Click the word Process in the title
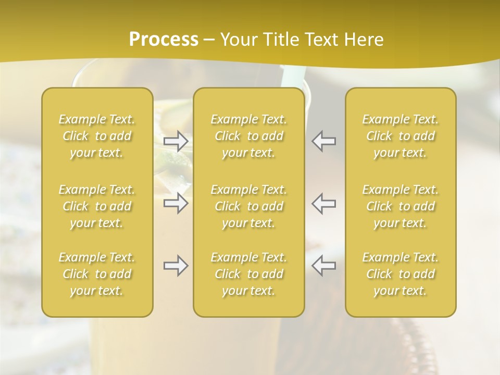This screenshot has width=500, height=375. [x=164, y=40]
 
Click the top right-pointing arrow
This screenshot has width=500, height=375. [x=176, y=141]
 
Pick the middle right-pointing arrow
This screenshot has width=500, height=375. [x=176, y=203]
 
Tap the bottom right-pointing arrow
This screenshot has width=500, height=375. [x=176, y=266]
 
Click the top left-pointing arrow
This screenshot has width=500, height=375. [x=323, y=141]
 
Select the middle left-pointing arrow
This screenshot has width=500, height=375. [x=323, y=203]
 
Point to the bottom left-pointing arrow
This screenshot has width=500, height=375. [x=323, y=266]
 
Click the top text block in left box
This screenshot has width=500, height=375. [x=97, y=136]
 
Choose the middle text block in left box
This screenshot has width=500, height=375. [x=97, y=206]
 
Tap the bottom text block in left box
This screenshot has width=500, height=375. [x=97, y=274]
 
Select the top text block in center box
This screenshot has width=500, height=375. [x=248, y=136]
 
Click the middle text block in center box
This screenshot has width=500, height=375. [x=248, y=206]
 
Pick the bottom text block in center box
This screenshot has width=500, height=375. [x=248, y=274]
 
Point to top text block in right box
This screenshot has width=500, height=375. [x=401, y=136]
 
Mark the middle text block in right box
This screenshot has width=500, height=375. [x=401, y=206]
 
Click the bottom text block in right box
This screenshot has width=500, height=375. [x=401, y=274]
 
